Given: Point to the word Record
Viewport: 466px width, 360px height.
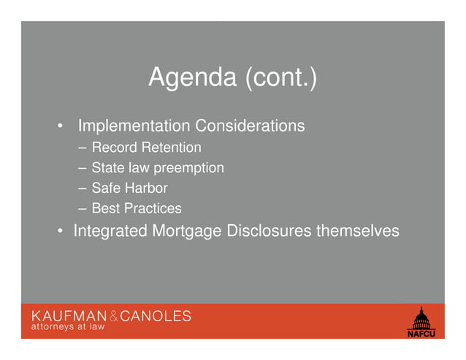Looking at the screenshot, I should point(113,148).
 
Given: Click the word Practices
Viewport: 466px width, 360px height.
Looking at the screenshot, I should point(152,209).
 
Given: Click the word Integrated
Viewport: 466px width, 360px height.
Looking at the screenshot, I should point(110,231).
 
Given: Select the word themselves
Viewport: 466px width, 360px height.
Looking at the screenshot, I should point(357,231).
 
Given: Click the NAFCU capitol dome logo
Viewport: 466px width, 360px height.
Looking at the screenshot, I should point(421,323).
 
